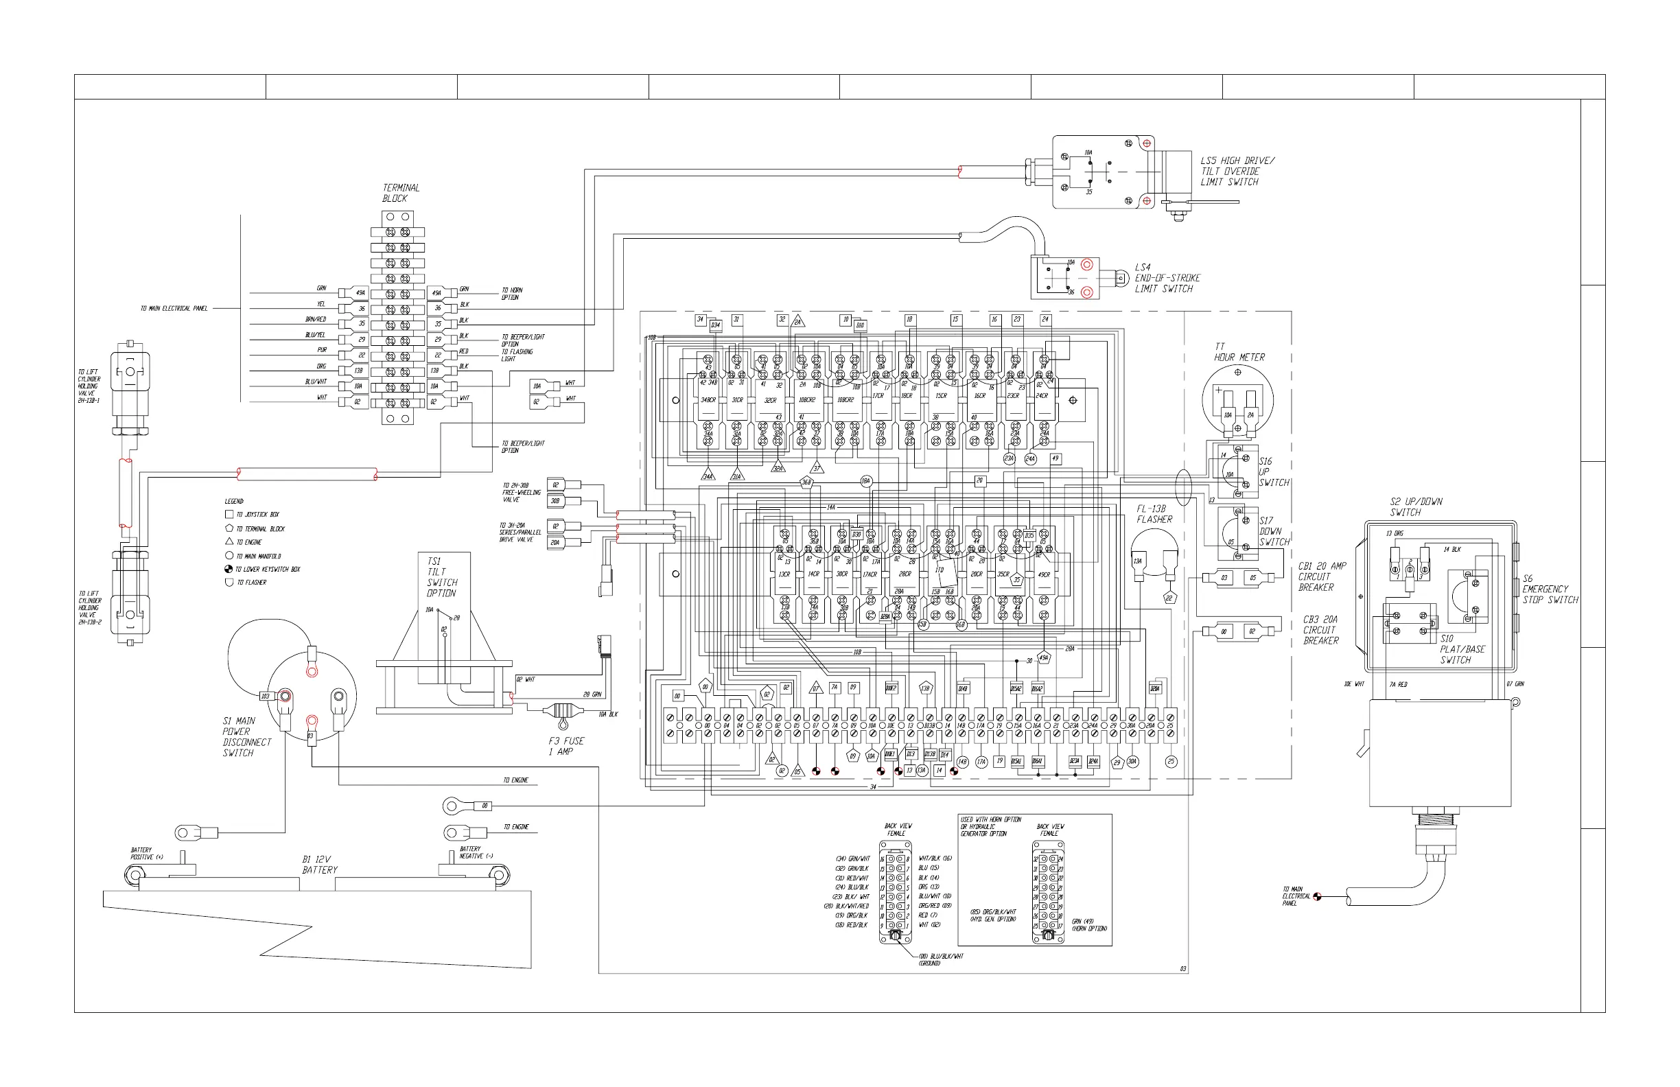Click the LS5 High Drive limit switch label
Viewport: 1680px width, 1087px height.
[x=1237, y=172]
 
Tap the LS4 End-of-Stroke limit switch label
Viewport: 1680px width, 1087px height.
[x=1167, y=278]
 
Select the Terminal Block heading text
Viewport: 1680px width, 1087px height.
[x=400, y=193]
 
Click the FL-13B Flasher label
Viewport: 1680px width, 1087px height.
[x=1154, y=514]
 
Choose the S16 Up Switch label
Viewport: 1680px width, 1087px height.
[x=1274, y=472]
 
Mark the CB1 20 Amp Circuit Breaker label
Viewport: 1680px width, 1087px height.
[x=1321, y=576]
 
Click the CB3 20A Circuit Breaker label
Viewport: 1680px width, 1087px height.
[x=1320, y=629]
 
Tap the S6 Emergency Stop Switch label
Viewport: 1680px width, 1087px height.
[x=1550, y=589]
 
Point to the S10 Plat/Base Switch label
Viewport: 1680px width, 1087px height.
[x=1462, y=649]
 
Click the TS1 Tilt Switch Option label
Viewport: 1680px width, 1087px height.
[x=441, y=577]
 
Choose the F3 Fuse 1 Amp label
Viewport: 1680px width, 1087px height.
[x=566, y=746]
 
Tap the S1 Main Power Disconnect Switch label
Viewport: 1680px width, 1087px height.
[x=246, y=737]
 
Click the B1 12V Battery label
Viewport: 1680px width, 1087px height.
[x=320, y=865]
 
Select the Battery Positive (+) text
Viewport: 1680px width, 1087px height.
[x=146, y=854]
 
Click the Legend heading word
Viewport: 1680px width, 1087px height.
[x=233, y=501]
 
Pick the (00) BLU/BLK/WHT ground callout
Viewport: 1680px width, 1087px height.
[x=940, y=959]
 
